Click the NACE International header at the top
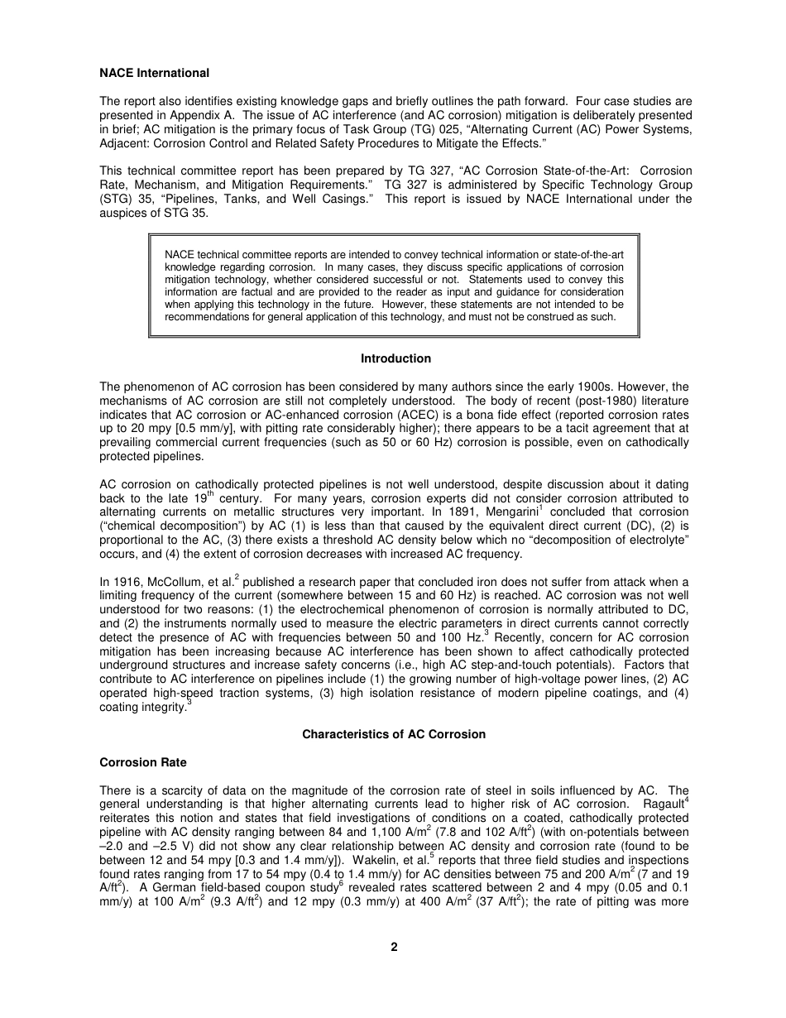coord(154,73)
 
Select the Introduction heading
coord(395,358)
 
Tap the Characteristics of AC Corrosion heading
coord(394,734)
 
